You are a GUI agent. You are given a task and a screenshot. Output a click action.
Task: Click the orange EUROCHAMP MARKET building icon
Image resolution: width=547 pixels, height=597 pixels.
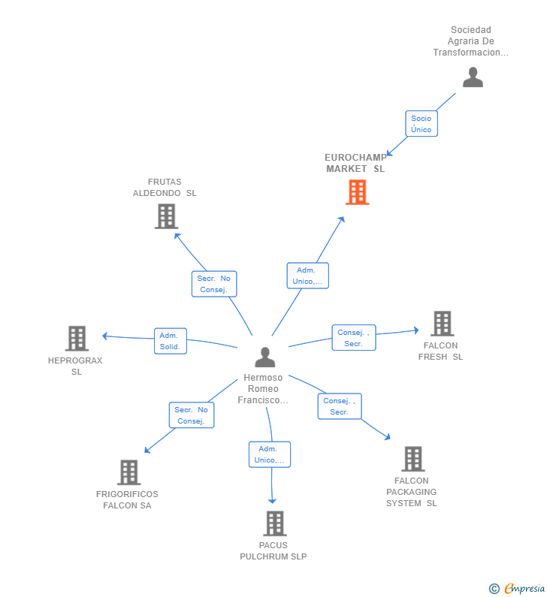click(x=358, y=192)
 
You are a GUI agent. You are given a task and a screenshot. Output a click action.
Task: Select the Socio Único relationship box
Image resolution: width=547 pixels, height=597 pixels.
click(x=422, y=124)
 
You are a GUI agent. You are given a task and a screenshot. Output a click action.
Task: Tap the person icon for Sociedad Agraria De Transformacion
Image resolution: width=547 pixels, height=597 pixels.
click(x=473, y=77)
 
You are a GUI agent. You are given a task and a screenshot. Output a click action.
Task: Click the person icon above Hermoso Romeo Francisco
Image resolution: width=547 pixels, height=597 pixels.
click(x=264, y=357)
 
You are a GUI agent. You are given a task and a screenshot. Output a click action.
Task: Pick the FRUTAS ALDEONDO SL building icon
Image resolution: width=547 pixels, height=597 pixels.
click(x=167, y=216)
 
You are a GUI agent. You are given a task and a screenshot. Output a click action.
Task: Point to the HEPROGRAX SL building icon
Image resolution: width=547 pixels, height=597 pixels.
click(x=77, y=339)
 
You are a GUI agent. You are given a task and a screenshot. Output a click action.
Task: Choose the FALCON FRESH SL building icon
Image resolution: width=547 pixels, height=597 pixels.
click(x=443, y=324)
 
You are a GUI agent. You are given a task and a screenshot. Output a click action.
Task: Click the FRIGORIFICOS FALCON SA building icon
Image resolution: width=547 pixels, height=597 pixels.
click(x=128, y=472)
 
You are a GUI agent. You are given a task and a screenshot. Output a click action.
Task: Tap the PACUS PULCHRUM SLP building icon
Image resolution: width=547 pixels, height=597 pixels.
click(x=275, y=523)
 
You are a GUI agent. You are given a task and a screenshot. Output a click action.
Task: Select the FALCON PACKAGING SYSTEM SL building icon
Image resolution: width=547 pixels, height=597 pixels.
click(x=413, y=459)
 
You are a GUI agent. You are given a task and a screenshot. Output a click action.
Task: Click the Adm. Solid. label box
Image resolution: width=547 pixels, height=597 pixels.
click(x=171, y=341)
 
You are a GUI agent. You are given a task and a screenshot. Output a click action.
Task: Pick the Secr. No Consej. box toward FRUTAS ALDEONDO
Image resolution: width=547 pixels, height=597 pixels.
click(x=214, y=284)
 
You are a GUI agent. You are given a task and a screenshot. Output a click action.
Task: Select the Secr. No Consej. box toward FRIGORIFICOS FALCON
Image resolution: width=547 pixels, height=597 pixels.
click(x=192, y=415)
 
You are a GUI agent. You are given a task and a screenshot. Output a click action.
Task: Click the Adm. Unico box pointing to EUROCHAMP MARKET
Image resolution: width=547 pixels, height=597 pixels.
click(x=308, y=276)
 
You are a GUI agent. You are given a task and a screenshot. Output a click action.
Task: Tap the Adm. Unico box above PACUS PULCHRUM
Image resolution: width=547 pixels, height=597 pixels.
click(x=270, y=454)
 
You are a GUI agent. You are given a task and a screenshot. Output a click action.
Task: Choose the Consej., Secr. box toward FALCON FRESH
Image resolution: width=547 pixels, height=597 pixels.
click(x=354, y=338)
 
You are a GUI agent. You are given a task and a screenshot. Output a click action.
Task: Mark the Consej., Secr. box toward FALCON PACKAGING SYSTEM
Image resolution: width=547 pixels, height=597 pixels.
click(x=340, y=406)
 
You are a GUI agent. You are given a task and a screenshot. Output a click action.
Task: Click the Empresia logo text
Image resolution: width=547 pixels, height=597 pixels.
click(x=524, y=588)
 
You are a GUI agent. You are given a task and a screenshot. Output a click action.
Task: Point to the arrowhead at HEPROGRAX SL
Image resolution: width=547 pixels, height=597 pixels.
click(x=105, y=336)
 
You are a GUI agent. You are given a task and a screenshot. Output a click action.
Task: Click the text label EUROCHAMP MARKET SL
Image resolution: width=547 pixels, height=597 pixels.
click(x=355, y=163)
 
